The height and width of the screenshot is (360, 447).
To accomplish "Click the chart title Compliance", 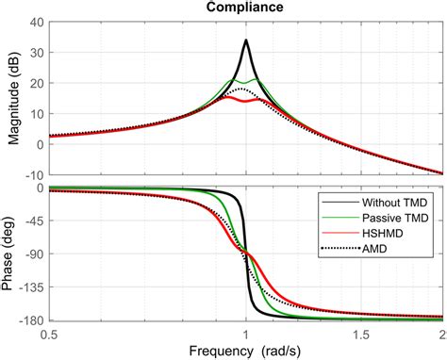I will [245, 8].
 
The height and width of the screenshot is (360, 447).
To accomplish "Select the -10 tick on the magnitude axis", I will [32, 174].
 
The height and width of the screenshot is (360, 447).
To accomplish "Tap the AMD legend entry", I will [375, 250].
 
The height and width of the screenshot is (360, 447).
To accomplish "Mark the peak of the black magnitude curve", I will [246, 40].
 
